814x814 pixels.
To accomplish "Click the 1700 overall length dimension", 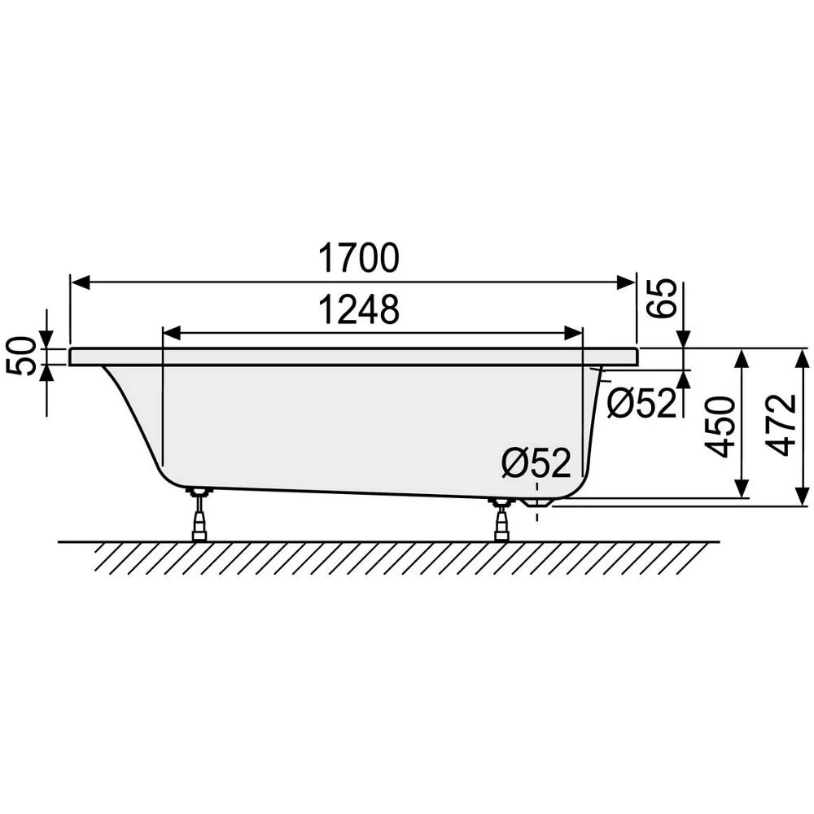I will (358, 259).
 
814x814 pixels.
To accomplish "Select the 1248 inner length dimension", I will (358, 310).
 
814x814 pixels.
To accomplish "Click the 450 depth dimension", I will (720, 427).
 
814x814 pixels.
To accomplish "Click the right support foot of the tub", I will (500, 519).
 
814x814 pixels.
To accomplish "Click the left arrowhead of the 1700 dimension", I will (79, 282).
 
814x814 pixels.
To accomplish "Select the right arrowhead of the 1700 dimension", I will (627, 282).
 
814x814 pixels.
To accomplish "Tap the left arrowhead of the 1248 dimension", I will (171, 332).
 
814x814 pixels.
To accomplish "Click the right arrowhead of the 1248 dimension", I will (575, 332).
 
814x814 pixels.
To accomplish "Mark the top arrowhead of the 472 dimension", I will (802, 357).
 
